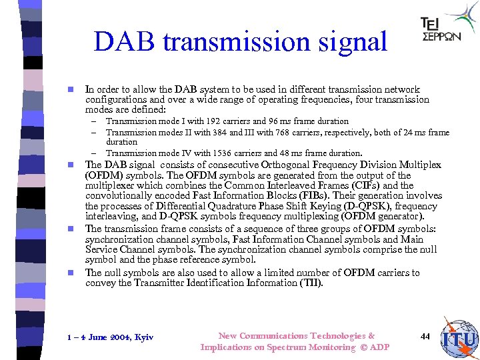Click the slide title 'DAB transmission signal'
240,41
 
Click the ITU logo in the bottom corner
460,340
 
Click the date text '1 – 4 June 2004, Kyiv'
110,337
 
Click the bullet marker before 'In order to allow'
69,89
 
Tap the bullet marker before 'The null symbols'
69,273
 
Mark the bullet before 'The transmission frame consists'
69,229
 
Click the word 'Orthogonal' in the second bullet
277,165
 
